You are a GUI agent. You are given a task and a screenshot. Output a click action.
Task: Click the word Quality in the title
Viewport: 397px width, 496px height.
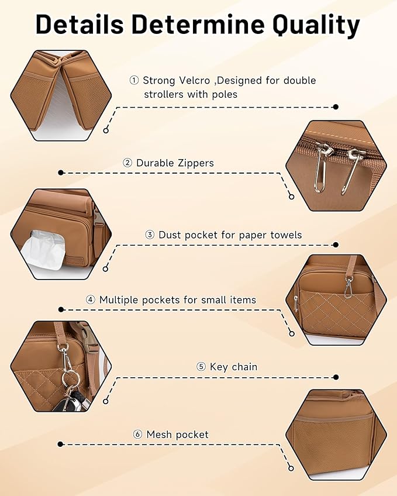pyautogui.click(x=316, y=25)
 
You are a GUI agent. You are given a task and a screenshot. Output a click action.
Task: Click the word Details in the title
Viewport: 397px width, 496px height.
pyautogui.click(x=80, y=24)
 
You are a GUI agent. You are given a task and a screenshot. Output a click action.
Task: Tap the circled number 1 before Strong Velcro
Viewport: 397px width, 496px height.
pyautogui.click(x=134, y=80)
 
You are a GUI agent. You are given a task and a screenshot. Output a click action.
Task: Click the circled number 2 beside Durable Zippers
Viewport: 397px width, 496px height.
pyautogui.click(x=127, y=163)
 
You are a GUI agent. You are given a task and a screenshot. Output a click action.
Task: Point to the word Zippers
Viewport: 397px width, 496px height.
pyautogui.click(x=195, y=163)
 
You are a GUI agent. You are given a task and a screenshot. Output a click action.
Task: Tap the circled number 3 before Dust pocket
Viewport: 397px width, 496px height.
pyautogui.click(x=150, y=235)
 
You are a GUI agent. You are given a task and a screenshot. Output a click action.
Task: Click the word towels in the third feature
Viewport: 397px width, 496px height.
pyautogui.click(x=286, y=235)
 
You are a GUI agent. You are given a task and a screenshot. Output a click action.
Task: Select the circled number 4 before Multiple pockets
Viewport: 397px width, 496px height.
pyautogui.click(x=91, y=299)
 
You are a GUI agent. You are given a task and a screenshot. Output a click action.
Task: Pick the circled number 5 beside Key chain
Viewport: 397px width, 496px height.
pyautogui.click(x=201, y=367)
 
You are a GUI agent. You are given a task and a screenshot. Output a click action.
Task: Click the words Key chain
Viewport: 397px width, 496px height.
pyautogui.click(x=234, y=367)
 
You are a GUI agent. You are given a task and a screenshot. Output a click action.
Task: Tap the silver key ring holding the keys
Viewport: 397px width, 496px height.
pyautogui.click(x=69, y=377)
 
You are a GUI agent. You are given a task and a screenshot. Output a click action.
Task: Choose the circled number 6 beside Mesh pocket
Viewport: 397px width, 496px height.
pyautogui.click(x=137, y=435)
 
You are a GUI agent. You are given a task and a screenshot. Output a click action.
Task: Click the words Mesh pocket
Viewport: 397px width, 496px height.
pyautogui.click(x=178, y=435)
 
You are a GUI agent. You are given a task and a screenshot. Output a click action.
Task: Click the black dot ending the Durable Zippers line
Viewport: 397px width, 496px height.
pyautogui.click(x=61, y=173)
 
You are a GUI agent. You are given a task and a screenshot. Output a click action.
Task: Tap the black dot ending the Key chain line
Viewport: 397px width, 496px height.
pyautogui.click(x=336, y=377)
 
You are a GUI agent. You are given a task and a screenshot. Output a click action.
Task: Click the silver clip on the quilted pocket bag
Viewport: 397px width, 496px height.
pyautogui.click(x=349, y=289)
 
